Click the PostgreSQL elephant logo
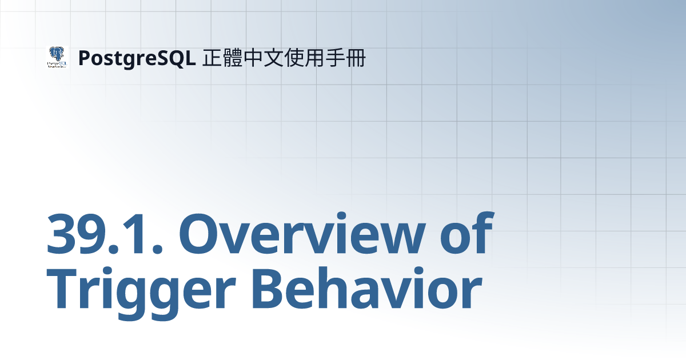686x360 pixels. [57, 57]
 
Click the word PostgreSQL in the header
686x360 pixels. [137, 58]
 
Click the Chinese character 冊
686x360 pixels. [356, 58]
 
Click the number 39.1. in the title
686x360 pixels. [105, 234]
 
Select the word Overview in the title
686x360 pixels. [302, 234]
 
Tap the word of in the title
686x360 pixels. [466, 233]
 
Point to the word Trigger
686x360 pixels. [141, 293]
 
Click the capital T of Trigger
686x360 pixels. [62, 289]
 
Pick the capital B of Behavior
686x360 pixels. [268, 289]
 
